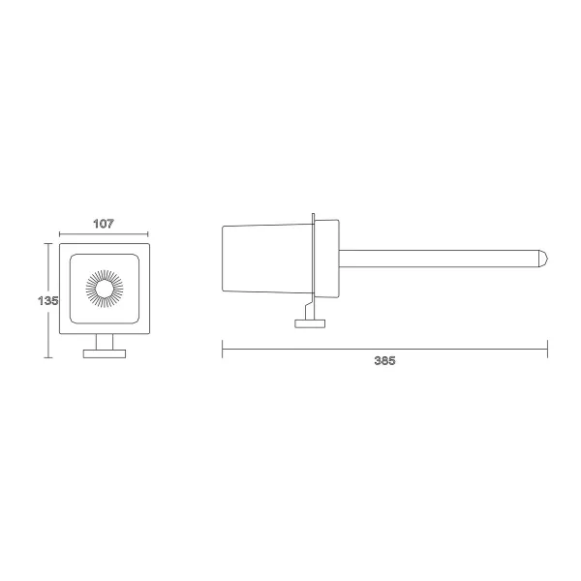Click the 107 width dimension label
coord(104,224)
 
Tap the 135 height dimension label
coord(48,300)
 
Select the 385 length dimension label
coord(384,360)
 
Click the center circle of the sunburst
coord(105,289)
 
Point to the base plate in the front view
coord(105,353)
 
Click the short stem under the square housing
coord(105,342)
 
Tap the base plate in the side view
coord(310,323)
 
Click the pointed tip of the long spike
coord(547,259)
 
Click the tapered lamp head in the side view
coord(267,259)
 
